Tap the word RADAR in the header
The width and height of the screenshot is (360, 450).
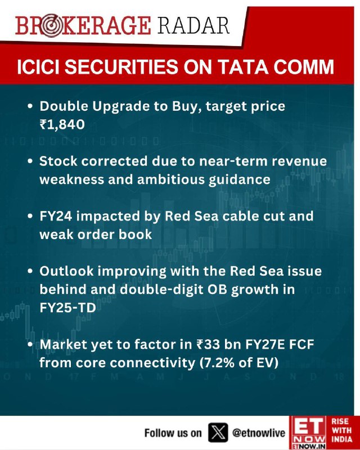193,25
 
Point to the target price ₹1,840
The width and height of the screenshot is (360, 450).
62,124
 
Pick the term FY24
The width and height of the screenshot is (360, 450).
56,216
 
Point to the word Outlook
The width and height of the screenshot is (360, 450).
66,271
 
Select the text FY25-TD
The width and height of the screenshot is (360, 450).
67,308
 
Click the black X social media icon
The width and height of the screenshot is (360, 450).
218,433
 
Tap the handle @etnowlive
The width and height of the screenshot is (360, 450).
259,433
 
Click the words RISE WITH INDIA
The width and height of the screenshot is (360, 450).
342,430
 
